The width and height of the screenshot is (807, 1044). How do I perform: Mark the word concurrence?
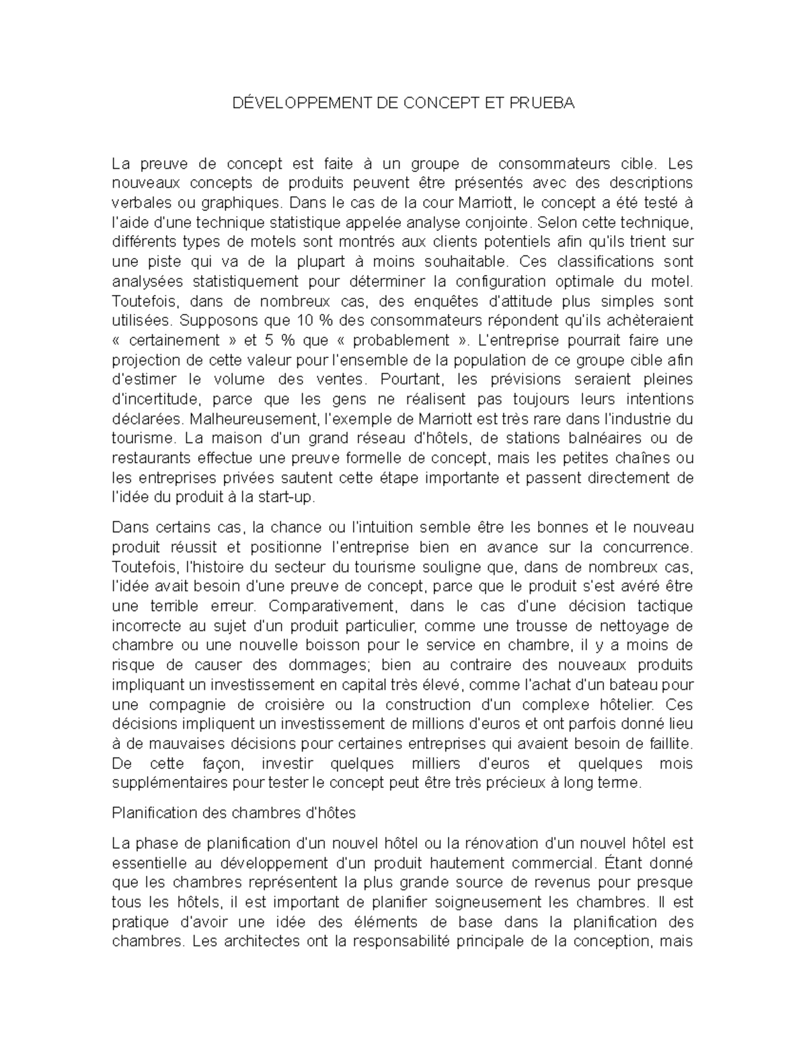pyautogui.click(x=646, y=547)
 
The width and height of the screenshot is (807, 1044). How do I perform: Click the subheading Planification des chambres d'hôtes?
pyautogui.click(x=233, y=813)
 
